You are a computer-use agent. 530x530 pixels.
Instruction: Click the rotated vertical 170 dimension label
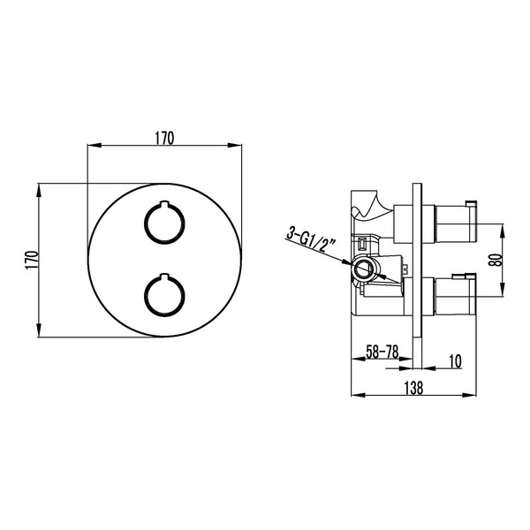31,259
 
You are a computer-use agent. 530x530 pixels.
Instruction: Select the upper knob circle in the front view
163,222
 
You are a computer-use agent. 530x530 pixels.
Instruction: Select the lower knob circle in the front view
163,294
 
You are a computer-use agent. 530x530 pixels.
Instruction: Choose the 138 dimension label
415,387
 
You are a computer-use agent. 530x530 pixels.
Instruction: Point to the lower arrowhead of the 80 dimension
504,294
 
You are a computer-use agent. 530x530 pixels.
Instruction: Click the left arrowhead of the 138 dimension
356,395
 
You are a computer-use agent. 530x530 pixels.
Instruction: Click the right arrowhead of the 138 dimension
474,395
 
